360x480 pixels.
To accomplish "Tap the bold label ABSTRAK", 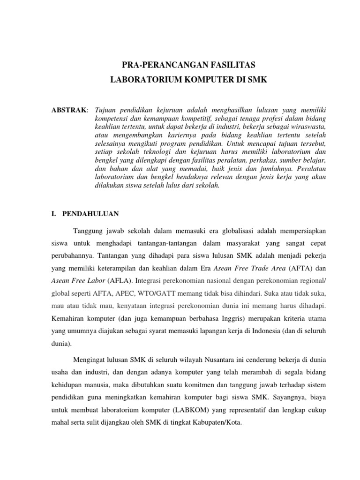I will [x=68, y=110].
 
